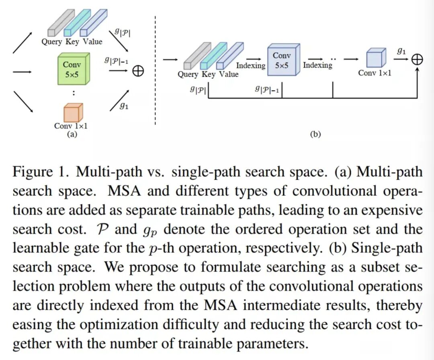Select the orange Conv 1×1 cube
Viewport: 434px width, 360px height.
click(71, 112)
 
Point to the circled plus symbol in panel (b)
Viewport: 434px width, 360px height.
click(417, 59)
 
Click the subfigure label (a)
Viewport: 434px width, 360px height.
click(72, 134)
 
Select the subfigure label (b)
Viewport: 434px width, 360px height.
click(315, 134)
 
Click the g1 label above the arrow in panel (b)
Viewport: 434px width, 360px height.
click(401, 51)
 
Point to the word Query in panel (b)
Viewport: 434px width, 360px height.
click(188, 74)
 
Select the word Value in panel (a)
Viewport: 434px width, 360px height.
click(93, 41)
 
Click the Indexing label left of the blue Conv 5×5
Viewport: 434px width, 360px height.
click(251, 65)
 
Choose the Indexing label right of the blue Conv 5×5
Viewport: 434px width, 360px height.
click(317, 65)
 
